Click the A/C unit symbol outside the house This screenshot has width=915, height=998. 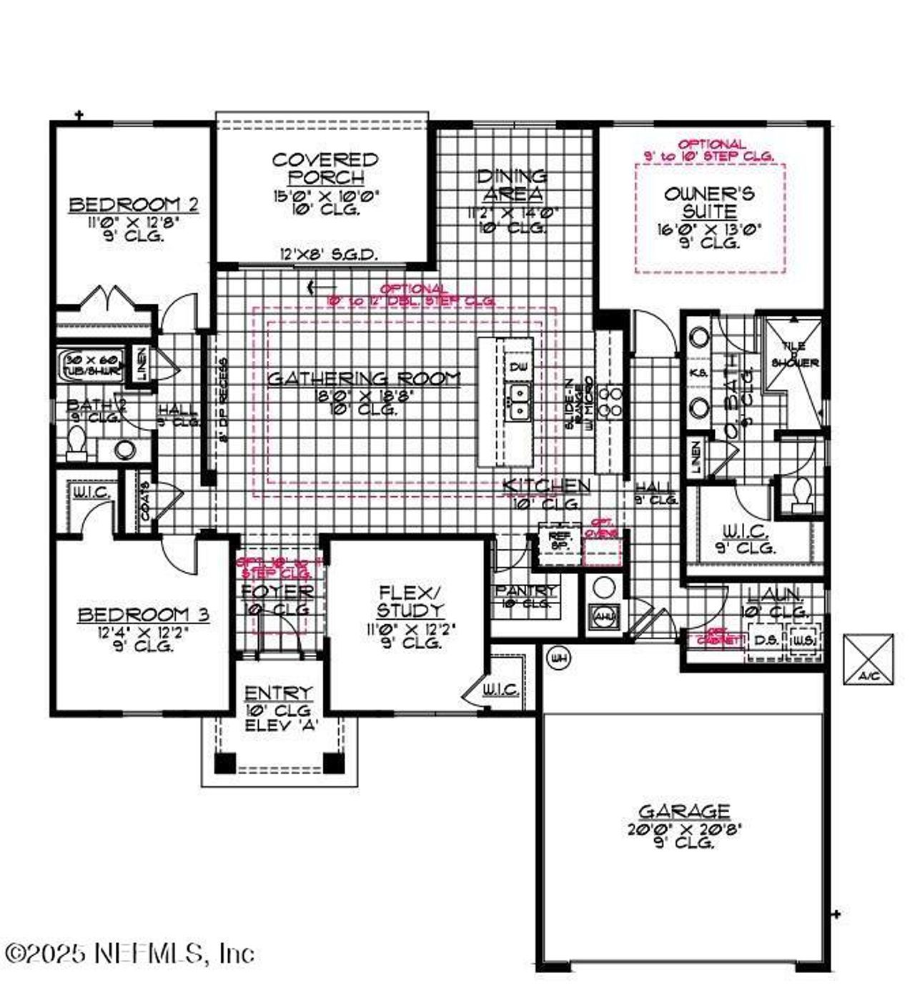[868, 658]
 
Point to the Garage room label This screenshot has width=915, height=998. [684, 811]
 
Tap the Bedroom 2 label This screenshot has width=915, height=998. [134, 205]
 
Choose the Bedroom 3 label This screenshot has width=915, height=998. [143, 615]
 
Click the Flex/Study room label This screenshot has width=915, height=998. [410, 601]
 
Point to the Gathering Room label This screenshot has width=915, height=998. [364, 378]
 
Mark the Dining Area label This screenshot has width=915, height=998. [512, 184]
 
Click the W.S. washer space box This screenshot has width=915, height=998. [803, 640]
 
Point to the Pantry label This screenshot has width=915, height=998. [525, 591]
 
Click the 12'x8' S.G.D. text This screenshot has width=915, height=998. [329, 254]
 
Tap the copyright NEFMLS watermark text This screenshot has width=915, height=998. [129, 953]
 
